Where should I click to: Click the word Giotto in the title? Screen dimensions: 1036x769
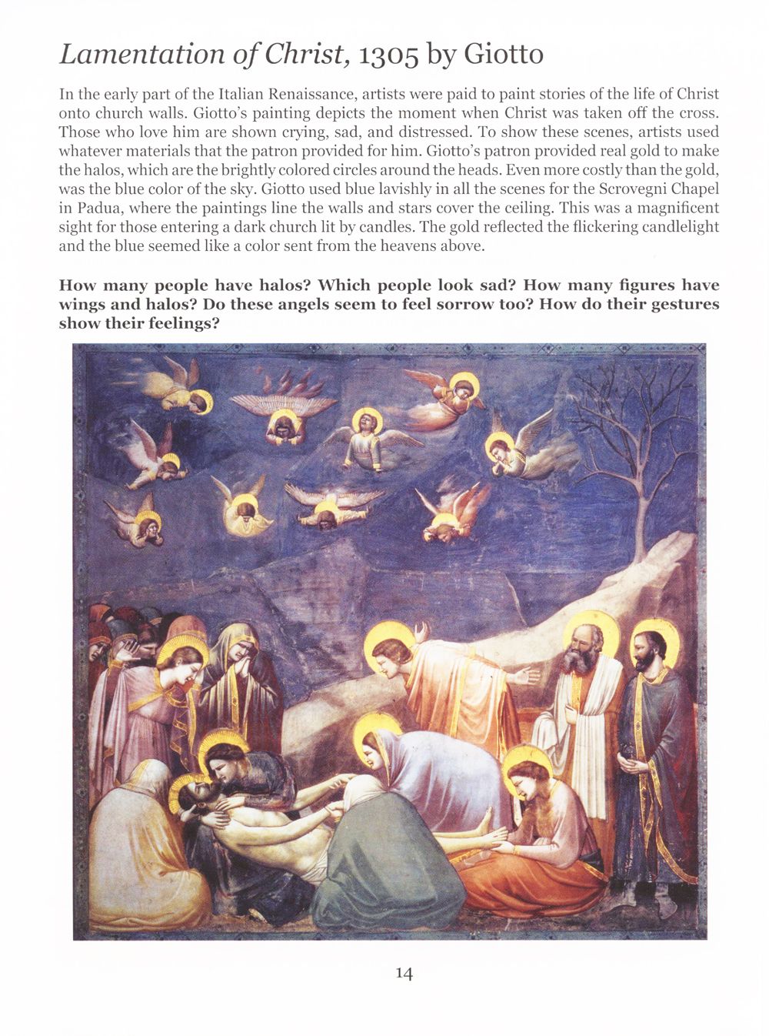click(x=504, y=55)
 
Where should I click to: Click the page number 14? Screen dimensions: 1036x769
click(x=404, y=973)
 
